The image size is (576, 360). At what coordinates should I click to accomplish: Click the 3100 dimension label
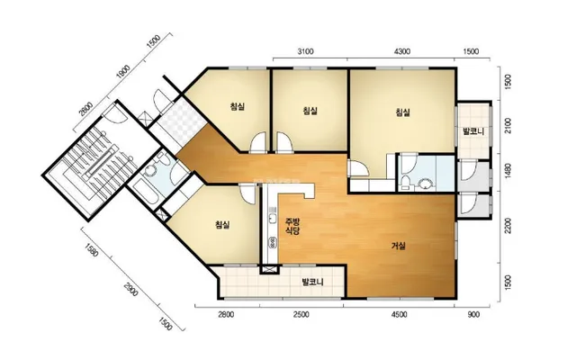305,51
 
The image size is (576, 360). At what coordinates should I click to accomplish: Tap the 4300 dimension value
402,51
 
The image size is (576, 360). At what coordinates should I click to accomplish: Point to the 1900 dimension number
123,72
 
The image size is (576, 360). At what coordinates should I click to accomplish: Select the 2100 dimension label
508,126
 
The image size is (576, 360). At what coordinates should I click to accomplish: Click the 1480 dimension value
508,172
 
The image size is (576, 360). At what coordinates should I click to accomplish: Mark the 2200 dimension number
508,226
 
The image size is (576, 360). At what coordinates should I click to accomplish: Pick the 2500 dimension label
301,315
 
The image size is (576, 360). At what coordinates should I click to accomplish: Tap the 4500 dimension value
400,315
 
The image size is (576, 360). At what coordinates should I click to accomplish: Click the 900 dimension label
474,315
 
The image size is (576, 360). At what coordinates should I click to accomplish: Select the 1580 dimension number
92,250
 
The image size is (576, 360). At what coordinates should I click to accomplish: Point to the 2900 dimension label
130,289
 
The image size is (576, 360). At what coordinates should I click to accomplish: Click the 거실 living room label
398,246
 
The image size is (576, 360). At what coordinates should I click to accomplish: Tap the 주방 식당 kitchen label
292,226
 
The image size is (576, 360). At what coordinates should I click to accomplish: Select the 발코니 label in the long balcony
312,282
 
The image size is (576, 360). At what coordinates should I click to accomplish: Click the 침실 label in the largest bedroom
402,112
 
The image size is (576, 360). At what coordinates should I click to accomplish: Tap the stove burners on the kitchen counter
273,242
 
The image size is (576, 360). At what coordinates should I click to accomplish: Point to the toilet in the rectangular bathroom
405,183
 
